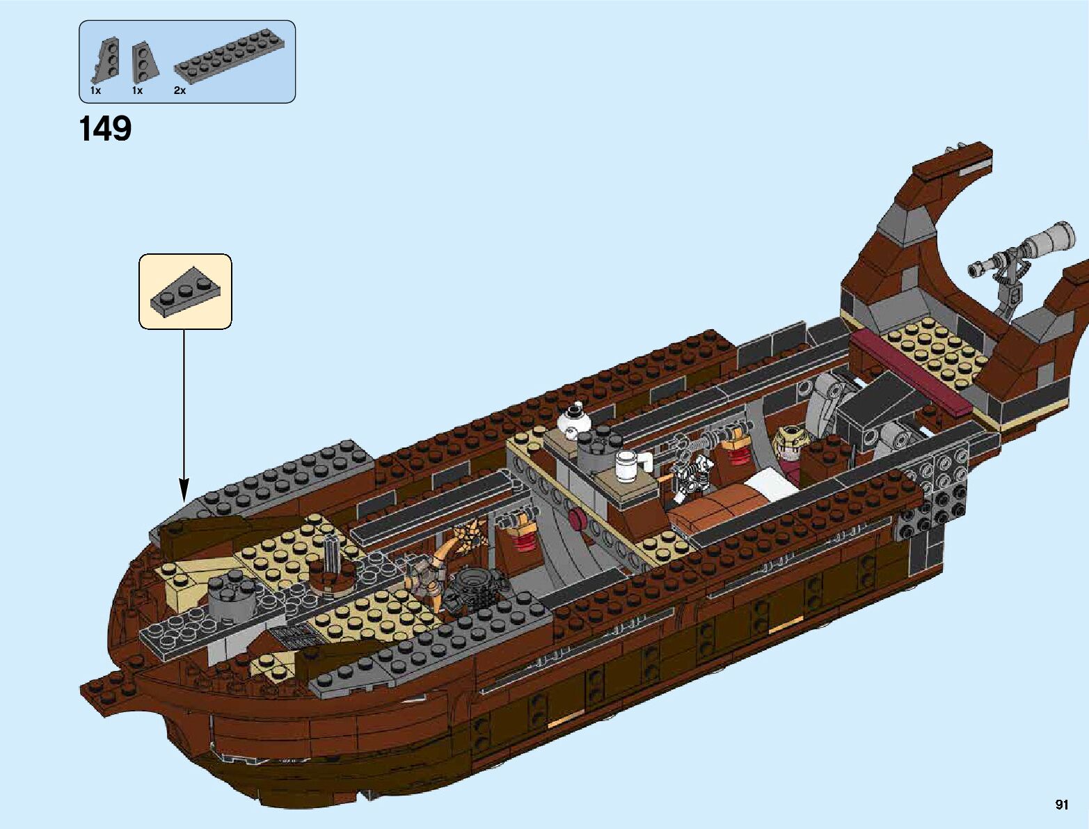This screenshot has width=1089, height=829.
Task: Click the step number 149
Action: (106, 129)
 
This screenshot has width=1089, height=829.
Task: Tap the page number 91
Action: (1061, 805)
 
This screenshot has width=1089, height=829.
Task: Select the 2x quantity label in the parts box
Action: (180, 90)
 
